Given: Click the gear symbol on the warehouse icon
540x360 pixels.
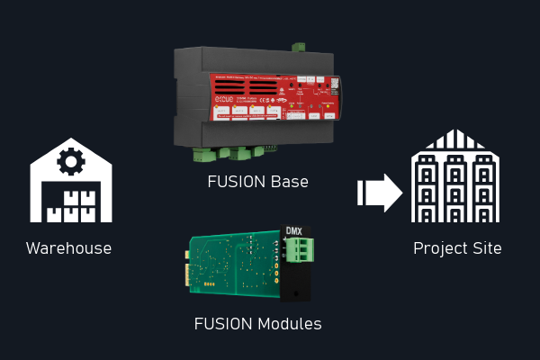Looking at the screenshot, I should (69, 162).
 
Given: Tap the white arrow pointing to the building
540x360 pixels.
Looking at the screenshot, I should (380, 193).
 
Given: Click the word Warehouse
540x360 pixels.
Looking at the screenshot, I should (68, 248).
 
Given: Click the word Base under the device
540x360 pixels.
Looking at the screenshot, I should (291, 182).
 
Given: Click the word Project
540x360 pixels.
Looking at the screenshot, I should (441, 248).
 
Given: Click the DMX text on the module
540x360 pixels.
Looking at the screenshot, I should (294, 230).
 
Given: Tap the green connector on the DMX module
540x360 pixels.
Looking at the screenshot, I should (299, 250).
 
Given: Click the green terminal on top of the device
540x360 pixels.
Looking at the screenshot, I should (298, 47).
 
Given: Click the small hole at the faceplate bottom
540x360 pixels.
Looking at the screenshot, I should (294, 292).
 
